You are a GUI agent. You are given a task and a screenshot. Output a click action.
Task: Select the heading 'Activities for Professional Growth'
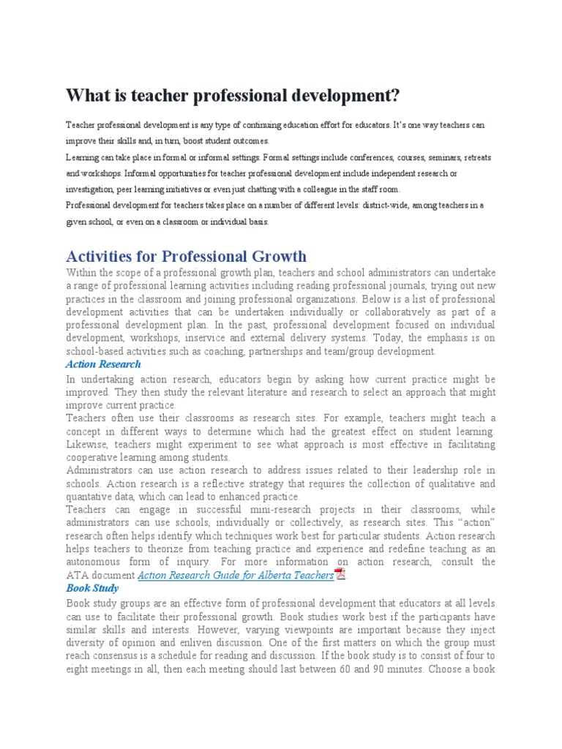click(x=187, y=256)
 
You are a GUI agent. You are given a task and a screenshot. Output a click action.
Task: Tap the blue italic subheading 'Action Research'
click(x=103, y=364)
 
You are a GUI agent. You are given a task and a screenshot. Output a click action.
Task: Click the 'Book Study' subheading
click(x=92, y=587)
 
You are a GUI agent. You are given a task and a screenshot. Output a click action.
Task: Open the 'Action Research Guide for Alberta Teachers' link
click(x=236, y=575)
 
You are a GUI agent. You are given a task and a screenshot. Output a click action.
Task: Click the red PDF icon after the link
click(x=340, y=574)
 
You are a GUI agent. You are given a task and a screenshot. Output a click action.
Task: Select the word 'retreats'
click(x=472, y=157)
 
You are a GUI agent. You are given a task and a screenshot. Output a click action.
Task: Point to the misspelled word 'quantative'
click(x=89, y=497)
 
